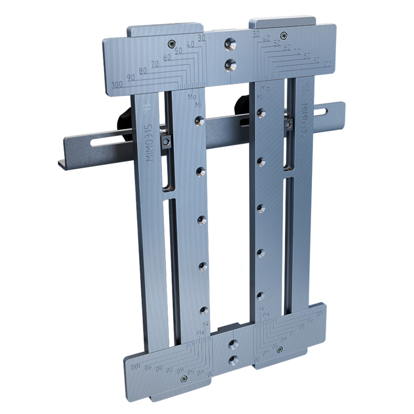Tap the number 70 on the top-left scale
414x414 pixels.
tap(154, 64)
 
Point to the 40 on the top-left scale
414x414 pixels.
tap(190, 45)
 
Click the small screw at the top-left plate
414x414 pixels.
tap(171, 43)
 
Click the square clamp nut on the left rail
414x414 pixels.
tap(166, 141)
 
